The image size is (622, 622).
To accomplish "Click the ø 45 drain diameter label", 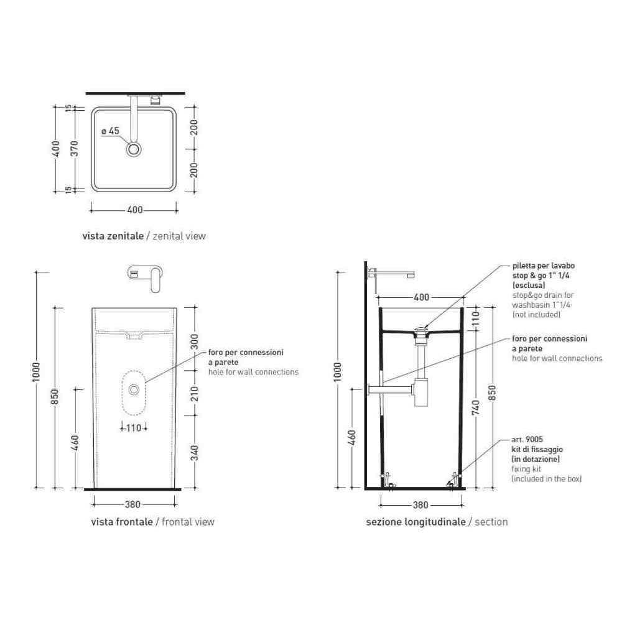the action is pos(110,131).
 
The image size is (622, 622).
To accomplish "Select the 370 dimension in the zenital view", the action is pos(74,149).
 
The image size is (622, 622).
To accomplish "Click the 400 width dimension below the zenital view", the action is pos(135,210).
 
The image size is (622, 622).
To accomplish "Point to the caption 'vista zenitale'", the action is pos(113,236).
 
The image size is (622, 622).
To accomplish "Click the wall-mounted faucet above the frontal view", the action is pos(145,277).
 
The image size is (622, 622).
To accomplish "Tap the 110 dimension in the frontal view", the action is pos(134,428).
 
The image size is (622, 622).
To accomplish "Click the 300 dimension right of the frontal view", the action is pos(194,341).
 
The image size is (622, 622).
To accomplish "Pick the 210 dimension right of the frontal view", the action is pos(194,394).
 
